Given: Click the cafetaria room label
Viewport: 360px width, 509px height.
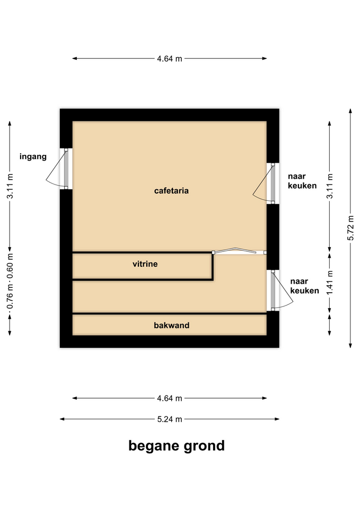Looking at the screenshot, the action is [171, 190].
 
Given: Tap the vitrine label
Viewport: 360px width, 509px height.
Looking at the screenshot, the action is [145, 264].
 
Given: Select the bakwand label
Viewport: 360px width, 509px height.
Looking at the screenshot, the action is [171, 325].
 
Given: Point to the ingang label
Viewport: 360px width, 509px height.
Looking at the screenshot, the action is [33, 157].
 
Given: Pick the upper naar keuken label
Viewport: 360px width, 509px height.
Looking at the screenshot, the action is [302, 181].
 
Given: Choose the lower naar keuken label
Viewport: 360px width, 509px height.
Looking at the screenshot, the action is [304, 286].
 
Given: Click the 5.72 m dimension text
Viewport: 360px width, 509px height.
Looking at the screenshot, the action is [350, 228].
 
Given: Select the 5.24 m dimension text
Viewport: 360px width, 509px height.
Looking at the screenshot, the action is [170, 419].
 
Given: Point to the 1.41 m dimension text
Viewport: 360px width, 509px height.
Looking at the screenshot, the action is [330, 283].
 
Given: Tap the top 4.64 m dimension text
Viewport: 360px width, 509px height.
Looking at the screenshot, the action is [170, 59].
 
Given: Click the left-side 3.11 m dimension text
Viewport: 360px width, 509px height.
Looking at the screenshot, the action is [10, 186].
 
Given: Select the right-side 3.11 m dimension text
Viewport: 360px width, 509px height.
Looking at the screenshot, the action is [330, 186].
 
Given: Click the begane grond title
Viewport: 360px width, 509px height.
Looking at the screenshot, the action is [176, 446].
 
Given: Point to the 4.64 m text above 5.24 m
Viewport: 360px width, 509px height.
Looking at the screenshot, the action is [170, 398].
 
